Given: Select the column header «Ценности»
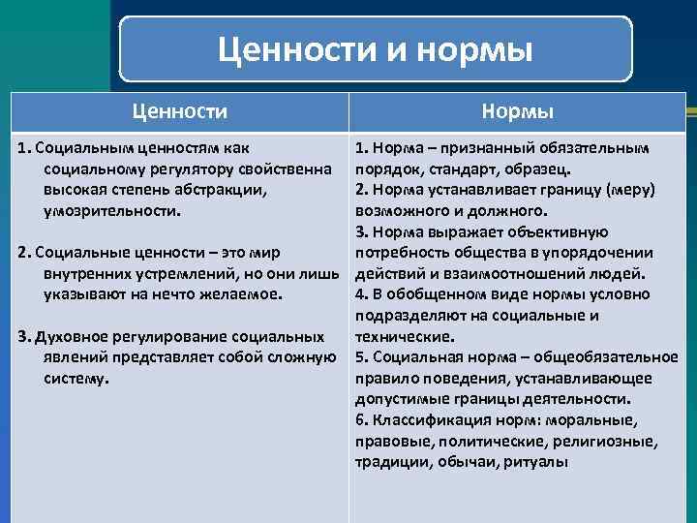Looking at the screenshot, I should pos(179,112).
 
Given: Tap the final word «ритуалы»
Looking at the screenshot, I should pos(535,462).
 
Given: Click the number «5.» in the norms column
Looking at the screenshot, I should pos(362,356).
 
